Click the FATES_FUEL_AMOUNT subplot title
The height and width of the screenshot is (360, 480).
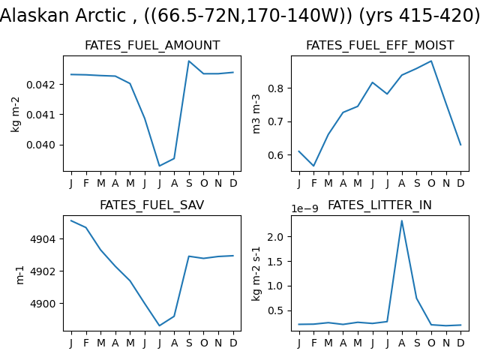coord(152,45)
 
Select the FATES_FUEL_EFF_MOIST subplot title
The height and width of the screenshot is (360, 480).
coord(380,45)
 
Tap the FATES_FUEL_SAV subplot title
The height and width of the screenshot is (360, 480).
coord(151,205)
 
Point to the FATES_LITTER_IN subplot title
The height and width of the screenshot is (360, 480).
coord(379,205)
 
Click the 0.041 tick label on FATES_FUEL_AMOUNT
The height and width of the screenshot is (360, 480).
coord(41,115)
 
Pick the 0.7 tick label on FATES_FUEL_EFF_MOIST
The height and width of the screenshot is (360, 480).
coord(275,121)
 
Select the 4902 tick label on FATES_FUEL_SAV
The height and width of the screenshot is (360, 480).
coord(43,271)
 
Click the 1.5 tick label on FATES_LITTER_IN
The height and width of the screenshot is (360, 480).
coord(275,262)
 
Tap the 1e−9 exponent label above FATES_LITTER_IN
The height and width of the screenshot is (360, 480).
coord(304,208)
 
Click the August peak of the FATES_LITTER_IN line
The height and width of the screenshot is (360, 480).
coord(402,220)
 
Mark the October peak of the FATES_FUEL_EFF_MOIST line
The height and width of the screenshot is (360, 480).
coord(431,61)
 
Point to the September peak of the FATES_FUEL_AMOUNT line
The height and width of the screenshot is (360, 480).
coord(189,61)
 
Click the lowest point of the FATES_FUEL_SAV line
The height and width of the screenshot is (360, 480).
coord(160,325)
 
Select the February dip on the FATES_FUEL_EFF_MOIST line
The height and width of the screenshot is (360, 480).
coord(313,166)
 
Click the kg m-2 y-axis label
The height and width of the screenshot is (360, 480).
coord(15,115)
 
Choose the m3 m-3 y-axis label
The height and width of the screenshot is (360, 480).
coord(256,114)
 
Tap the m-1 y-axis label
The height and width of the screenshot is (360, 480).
coord(19,275)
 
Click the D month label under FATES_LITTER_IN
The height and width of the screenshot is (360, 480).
coord(460,343)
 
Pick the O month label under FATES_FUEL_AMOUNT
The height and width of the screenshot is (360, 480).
coord(204,183)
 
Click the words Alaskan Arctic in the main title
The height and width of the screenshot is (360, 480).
coord(63,15)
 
